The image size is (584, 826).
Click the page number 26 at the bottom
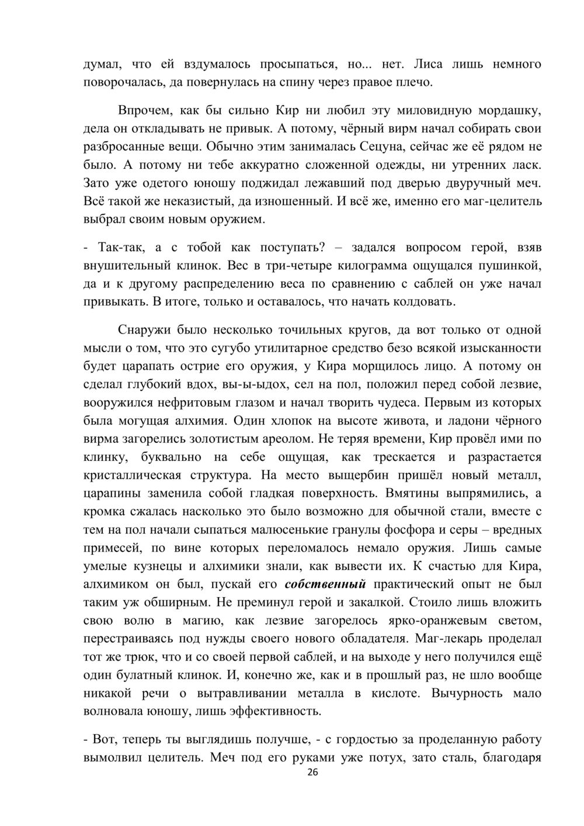click(312, 772)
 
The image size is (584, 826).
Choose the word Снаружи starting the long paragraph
click(144, 329)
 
